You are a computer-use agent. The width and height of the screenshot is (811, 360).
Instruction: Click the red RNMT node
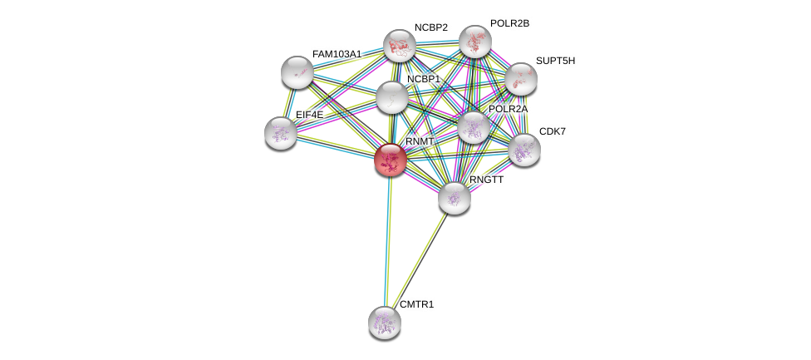point(390,160)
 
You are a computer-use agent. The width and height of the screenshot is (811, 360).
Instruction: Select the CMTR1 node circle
point(385,322)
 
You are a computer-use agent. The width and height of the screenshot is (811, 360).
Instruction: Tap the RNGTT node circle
point(455,197)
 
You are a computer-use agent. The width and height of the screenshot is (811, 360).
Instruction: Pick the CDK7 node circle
point(524,150)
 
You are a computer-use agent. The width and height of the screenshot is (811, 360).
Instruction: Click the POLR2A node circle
point(474,127)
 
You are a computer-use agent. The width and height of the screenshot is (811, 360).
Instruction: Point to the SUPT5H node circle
point(521,79)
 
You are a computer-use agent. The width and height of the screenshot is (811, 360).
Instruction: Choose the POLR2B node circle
point(475,42)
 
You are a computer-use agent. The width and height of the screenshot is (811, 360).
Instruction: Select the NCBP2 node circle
point(400,46)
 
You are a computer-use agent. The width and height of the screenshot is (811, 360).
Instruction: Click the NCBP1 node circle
point(391,97)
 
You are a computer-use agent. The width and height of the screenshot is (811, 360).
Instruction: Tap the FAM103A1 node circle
point(297,72)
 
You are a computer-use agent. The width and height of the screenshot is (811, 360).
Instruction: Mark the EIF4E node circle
point(281,132)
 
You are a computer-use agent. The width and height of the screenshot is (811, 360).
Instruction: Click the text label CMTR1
point(416,304)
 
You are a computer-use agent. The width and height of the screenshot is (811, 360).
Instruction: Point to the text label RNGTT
point(486,180)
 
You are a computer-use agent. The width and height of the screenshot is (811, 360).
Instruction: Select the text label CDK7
point(553,131)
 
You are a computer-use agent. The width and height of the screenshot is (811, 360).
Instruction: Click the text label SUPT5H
point(555,61)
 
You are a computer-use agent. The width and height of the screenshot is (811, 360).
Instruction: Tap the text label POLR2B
point(509,23)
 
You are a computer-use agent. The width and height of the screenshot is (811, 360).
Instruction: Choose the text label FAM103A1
point(337,54)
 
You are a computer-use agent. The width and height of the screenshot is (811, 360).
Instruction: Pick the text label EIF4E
point(309,115)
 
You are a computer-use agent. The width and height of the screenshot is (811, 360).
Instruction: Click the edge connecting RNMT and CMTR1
point(387,241)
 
